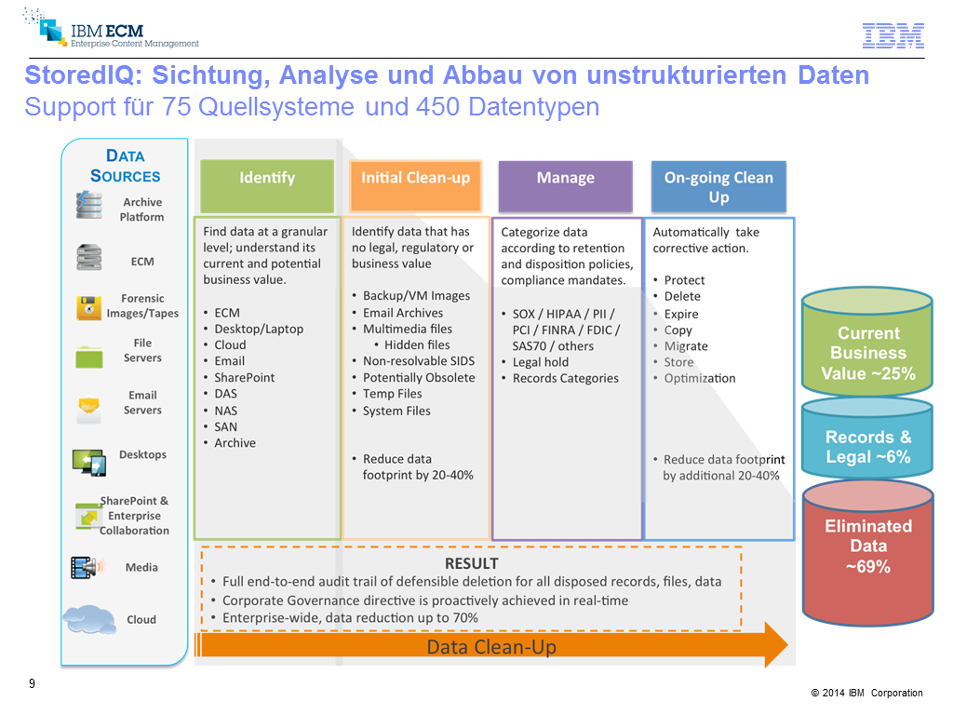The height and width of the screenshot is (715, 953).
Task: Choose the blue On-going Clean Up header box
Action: tap(718, 186)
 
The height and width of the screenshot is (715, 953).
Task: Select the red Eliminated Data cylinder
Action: tap(867, 550)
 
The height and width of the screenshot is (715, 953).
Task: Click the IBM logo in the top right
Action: tap(893, 35)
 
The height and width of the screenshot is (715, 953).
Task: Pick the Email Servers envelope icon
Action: tap(89, 407)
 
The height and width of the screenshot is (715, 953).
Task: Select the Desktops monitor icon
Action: tap(88, 461)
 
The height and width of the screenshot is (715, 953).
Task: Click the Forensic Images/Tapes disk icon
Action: tap(89, 306)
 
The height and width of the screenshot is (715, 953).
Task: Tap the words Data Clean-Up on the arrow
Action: tap(491, 647)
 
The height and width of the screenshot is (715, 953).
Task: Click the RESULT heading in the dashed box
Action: tap(471, 563)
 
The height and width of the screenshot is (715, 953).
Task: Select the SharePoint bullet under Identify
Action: tap(244, 377)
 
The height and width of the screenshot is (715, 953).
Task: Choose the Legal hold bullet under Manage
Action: tap(540, 362)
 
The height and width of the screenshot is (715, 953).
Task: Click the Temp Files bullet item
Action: tap(392, 394)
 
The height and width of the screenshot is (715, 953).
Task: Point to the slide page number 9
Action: tap(33, 684)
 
